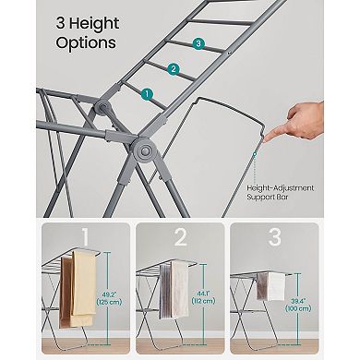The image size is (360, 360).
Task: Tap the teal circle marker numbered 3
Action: (x=198, y=43)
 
